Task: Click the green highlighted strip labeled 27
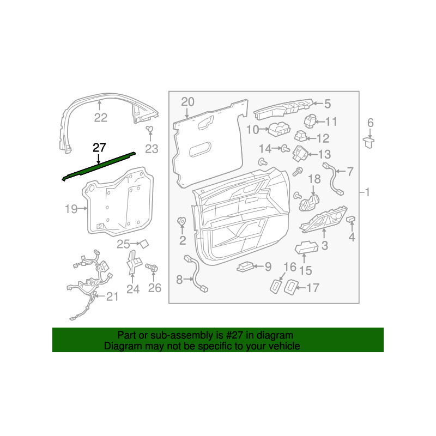tap(99, 167)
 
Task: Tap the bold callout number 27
tap(99, 148)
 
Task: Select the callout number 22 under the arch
tap(101, 118)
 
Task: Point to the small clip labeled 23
tap(149, 129)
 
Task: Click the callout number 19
tap(71, 209)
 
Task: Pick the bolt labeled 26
tap(152, 268)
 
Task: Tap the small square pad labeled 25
tap(144, 244)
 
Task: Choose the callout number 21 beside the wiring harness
tap(112, 297)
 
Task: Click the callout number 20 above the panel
tap(187, 102)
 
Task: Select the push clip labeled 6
tap(369, 142)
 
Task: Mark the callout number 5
tap(328, 104)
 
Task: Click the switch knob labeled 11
tap(310, 122)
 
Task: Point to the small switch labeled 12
tap(301, 136)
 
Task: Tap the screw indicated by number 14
tap(285, 149)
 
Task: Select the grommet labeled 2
tap(181, 221)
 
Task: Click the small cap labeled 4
tap(350, 220)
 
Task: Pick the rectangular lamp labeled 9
tap(245, 267)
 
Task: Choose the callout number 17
tap(313, 288)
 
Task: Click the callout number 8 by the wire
tap(180, 280)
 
